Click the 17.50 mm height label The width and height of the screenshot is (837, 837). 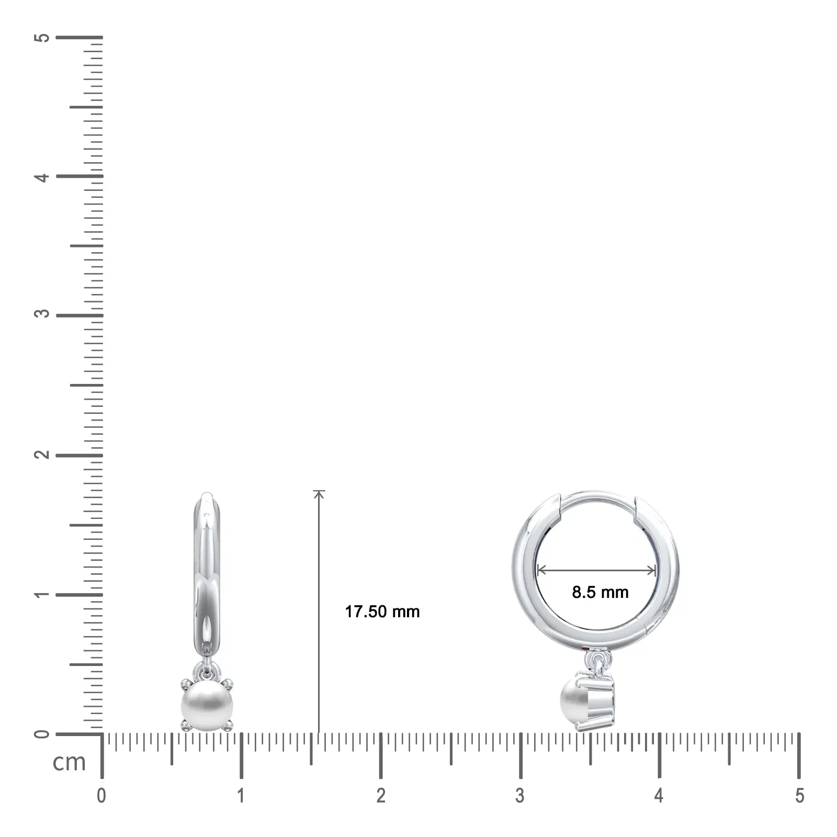point(382,612)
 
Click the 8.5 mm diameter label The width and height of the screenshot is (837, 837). point(600,592)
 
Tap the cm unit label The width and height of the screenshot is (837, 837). point(69,762)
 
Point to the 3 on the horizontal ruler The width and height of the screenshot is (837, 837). point(519,796)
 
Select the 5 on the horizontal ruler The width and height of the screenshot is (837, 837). point(799,796)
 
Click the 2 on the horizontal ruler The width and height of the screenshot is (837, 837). point(380,796)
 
